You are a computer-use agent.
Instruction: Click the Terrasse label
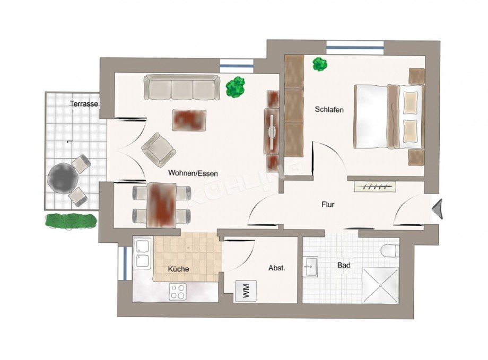84,104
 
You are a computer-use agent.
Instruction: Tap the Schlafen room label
329,110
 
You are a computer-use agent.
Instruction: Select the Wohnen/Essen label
193,173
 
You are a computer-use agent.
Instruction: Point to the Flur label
328,205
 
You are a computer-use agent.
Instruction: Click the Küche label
178,269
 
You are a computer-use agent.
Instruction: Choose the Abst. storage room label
277,268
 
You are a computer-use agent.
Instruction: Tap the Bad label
344,266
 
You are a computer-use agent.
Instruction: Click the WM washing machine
246,291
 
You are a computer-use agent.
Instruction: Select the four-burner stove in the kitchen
178,292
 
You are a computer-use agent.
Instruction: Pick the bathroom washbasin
310,266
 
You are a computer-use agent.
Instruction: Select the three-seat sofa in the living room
182,87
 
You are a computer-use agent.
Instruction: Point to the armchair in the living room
159,150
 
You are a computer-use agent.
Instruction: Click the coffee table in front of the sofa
189,120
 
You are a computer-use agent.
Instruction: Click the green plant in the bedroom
320,64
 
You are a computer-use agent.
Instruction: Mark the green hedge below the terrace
71,221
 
